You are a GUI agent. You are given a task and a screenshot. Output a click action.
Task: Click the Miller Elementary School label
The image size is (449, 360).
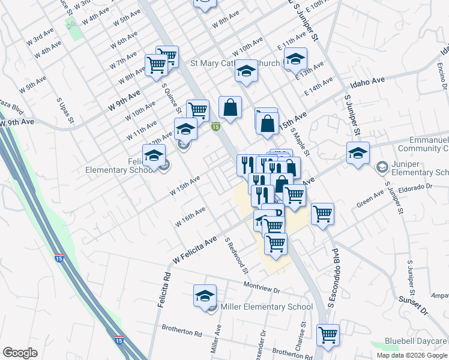point(267,307)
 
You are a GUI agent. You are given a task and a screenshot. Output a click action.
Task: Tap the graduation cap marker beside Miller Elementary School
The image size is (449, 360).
point(205,296)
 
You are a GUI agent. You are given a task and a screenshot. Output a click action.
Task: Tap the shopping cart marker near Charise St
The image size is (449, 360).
point(328,335)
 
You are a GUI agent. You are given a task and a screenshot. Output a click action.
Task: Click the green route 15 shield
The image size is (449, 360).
point(215,127)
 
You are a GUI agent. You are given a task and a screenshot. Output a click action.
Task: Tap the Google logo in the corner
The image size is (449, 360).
point(20,352)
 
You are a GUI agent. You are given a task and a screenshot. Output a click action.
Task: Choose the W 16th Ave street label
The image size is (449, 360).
point(190,217)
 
